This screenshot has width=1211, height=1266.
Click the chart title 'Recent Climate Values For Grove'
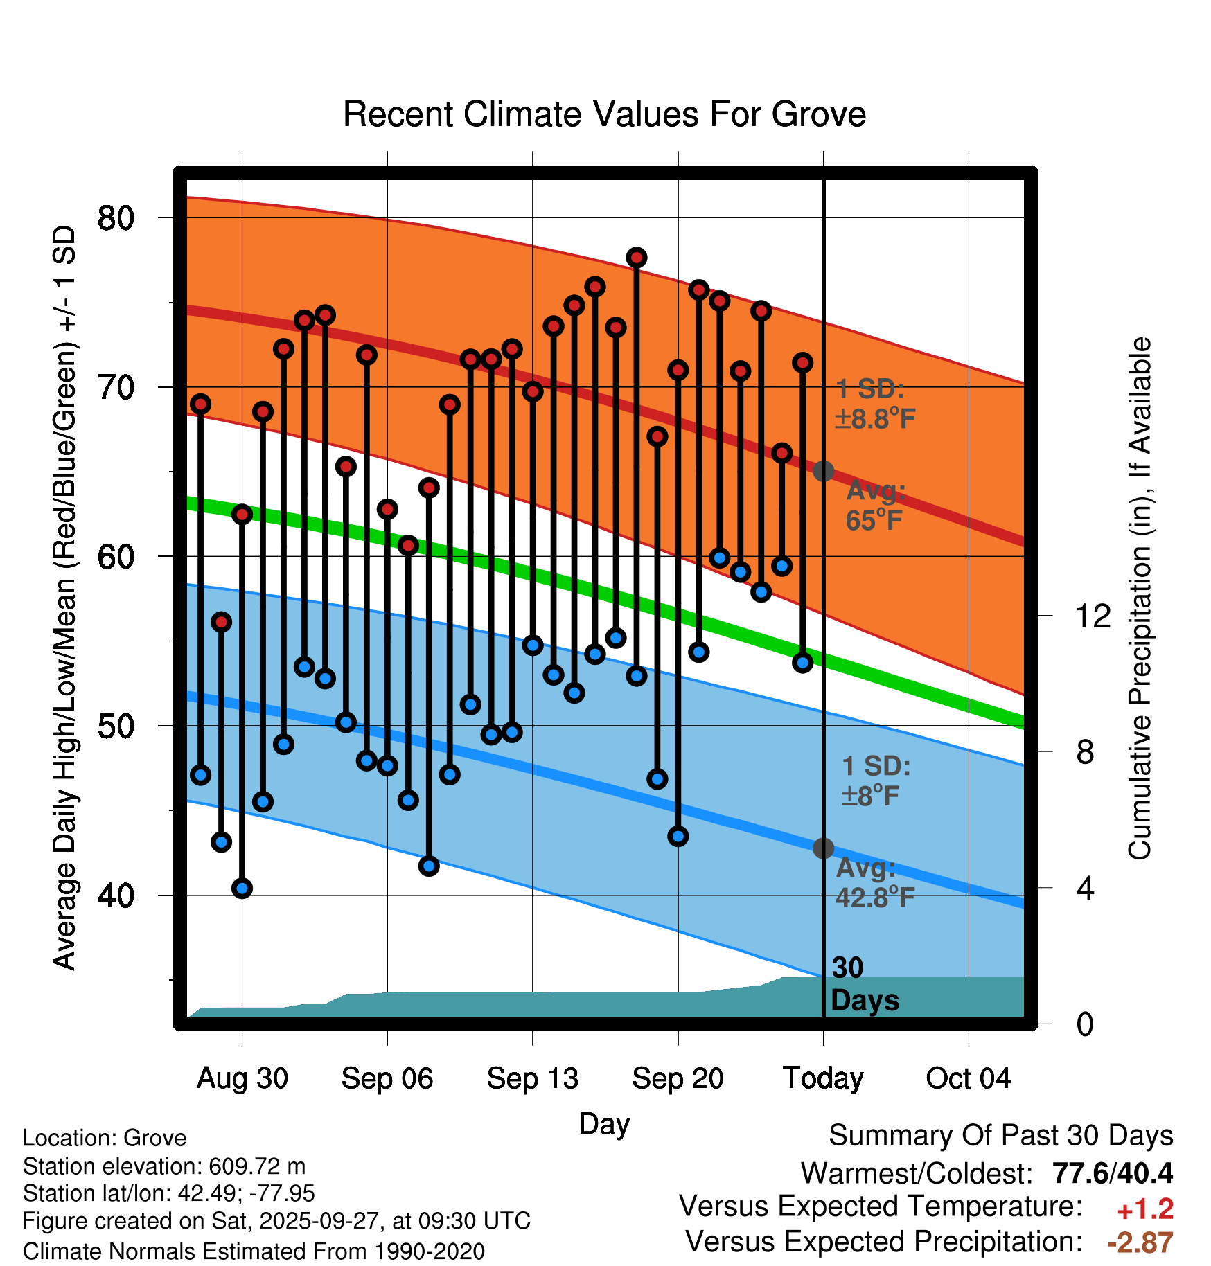click(x=604, y=114)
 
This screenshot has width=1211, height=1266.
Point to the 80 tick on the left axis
click(x=115, y=218)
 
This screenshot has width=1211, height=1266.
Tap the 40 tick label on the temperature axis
click(x=115, y=895)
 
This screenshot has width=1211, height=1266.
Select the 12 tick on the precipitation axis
click(x=1093, y=616)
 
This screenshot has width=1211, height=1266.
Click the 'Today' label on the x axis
click(x=823, y=1078)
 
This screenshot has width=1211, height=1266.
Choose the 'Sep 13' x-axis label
click(x=532, y=1078)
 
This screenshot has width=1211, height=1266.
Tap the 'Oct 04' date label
click(x=968, y=1078)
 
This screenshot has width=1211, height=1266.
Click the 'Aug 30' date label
click(x=242, y=1078)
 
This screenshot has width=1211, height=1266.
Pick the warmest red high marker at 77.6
click(x=637, y=258)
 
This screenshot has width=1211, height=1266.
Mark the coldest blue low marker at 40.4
click(x=242, y=888)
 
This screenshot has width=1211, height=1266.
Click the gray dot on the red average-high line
click(x=823, y=472)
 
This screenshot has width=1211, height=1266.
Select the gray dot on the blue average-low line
click(x=823, y=848)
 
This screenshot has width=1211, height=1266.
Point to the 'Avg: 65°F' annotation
click(x=875, y=506)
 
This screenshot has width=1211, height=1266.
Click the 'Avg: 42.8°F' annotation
click(x=874, y=883)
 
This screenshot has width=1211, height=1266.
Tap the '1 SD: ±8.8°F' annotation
click(x=875, y=404)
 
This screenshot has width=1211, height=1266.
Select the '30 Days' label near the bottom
click(x=864, y=984)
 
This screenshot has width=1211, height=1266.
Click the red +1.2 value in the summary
click(x=1144, y=1209)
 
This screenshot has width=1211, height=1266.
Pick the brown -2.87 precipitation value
click(x=1140, y=1242)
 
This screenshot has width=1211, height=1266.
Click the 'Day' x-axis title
click(x=604, y=1124)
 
